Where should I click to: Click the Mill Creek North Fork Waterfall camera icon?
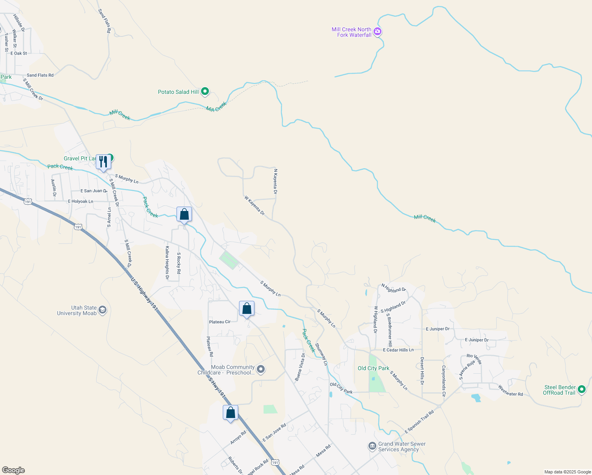(378, 32)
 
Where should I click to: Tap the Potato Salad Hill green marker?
(205, 92)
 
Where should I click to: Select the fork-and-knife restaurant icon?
(103, 162)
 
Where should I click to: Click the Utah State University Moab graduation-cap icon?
(102, 310)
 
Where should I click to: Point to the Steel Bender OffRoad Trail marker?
(581, 389)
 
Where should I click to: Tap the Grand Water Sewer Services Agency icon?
(372, 446)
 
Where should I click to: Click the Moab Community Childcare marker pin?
(260, 370)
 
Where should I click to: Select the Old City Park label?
(373, 368)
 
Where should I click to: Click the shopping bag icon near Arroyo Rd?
(230, 413)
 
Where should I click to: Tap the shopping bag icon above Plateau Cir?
(247, 309)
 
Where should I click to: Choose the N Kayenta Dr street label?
(275, 181)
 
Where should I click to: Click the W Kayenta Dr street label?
(254, 205)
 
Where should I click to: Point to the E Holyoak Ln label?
(80, 201)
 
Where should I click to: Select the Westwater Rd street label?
(510, 391)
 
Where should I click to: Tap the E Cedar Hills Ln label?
(398, 350)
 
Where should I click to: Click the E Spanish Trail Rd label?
(419, 421)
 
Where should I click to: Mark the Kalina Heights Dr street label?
(167, 263)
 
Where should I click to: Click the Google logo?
(13, 470)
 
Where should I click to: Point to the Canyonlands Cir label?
(444, 381)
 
